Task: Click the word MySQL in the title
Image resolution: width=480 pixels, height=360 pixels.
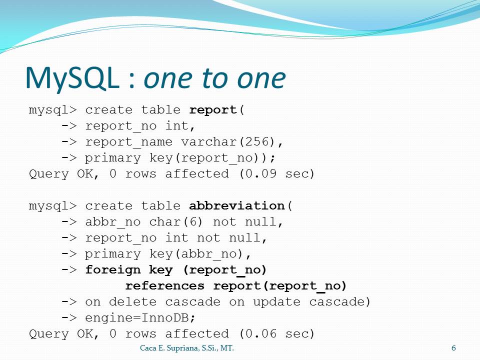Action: pyautogui.click(x=72, y=78)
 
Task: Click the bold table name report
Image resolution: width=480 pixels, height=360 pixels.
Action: pyautogui.click(x=213, y=110)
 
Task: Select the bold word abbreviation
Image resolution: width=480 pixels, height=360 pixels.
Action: pyautogui.click(x=237, y=205)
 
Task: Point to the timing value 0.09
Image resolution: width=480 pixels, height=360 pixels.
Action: pyautogui.click(x=261, y=173)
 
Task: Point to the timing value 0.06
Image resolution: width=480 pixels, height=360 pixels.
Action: pyautogui.click(x=261, y=333)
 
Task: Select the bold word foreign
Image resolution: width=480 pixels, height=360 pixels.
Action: pyautogui.click(x=113, y=270)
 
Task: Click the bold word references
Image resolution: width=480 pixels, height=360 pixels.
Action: pyautogui.click(x=165, y=285)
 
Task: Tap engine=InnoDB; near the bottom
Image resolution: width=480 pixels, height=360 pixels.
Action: pyautogui.click(x=140, y=318)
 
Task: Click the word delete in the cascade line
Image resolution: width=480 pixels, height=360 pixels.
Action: pyautogui.click(x=133, y=301)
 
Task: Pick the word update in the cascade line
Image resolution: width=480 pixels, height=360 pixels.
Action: pyautogui.click(x=276, y=302)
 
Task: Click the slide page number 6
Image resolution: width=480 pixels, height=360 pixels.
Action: pyautogui.click(x=453, y=348)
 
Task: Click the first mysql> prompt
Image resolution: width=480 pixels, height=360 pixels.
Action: pyautogui.click(x=53, y=110)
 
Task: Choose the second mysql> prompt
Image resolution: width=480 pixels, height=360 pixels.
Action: pyautogui.click(x=53, y=206)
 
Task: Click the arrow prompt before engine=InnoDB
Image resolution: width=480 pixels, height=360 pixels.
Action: pyautogui.click(x=69, y=317)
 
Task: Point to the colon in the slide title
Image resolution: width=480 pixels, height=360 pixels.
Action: pyautogui.click(x=132, y=81)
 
